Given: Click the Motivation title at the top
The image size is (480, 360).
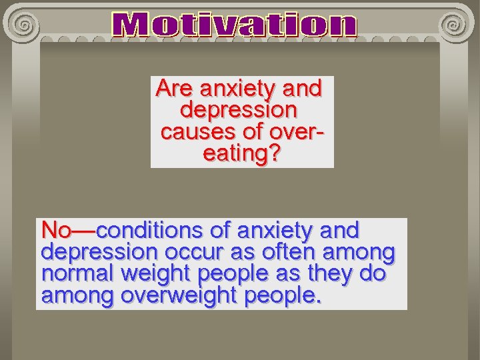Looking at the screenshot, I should [235, 26].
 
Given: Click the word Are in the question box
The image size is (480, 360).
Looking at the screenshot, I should [175, 88].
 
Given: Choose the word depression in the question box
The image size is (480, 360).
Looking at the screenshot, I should [239, 109].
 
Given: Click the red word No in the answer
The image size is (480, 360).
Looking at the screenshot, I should [56, 231].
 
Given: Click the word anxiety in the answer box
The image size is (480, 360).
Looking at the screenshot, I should [274, 231].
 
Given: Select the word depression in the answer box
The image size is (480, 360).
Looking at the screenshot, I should [99, 253].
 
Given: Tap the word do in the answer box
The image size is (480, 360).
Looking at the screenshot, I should [373, 274].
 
